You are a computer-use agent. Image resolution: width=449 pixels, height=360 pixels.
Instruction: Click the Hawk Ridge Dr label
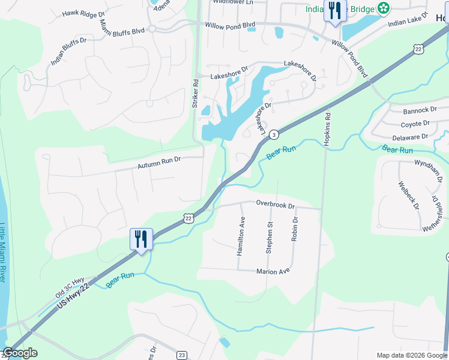pos(83,13)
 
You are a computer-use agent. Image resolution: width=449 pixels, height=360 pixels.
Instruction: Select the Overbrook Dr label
pos(276,204)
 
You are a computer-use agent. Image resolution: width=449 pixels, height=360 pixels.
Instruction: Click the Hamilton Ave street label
pos(241,236)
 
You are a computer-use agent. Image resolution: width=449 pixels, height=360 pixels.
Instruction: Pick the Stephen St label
pos(270,238)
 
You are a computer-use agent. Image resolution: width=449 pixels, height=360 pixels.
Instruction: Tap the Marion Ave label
pos(273,271)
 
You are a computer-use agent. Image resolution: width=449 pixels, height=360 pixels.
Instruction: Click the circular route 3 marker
pos(273,134)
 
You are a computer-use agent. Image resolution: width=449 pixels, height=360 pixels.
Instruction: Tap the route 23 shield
pos(182,355)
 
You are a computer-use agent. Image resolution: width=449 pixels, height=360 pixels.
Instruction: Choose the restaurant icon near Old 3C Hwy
pos(142,239)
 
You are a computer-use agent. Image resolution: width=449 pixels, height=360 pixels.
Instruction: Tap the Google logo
pos(20,353)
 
